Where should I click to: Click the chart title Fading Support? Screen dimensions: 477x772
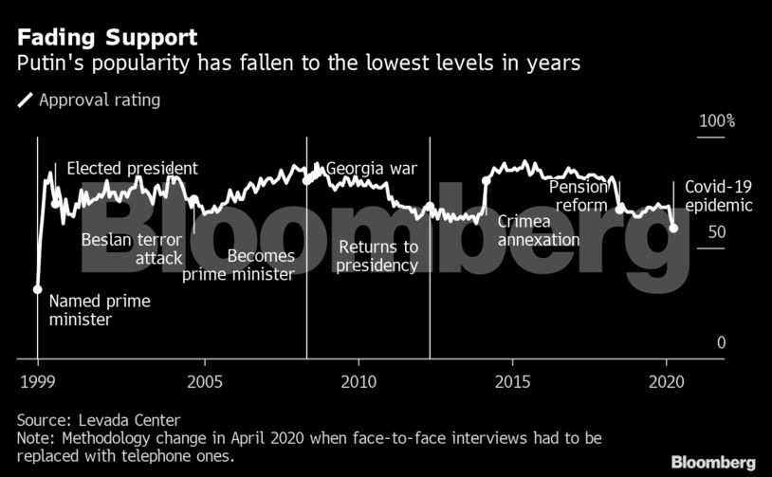pos(105,38)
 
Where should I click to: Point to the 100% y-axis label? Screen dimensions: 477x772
pos(717,122)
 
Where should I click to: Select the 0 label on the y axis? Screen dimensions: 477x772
pos(721,342)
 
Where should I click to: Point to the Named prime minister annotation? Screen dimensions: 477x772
pos(100,310)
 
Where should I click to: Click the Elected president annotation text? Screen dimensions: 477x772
pos(133,168)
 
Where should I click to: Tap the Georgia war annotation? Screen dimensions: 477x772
pos(371,170)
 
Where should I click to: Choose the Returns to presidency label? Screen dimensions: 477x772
pos(377,256)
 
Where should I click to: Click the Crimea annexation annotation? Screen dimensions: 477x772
pos(539,229)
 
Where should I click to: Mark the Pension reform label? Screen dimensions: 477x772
pos(578,196)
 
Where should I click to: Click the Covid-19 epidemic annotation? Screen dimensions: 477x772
pos(718,196)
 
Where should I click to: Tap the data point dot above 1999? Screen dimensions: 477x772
pos(38,289)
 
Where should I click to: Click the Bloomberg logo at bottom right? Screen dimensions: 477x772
pos(713,461)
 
